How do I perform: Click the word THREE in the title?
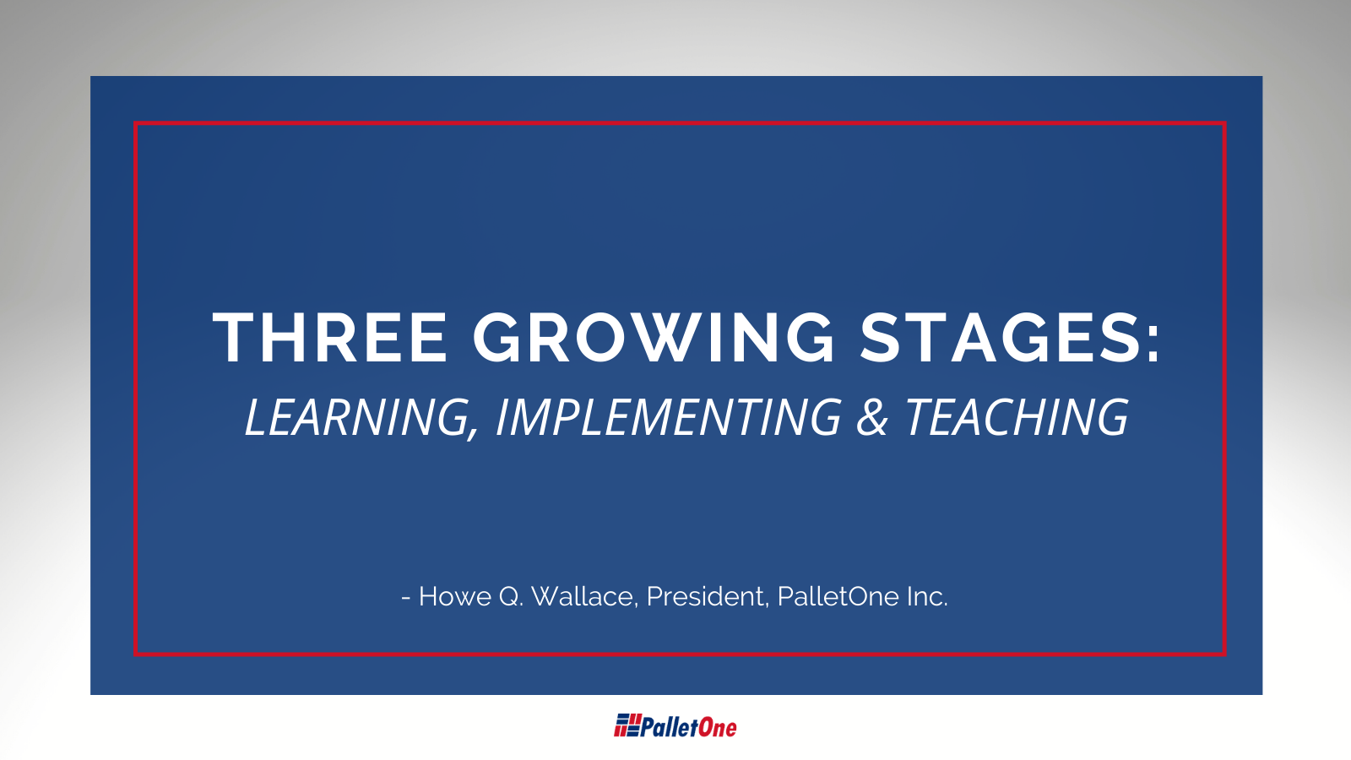point(330,338)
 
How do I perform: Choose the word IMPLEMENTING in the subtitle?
point(668,417)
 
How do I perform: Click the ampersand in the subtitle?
point(872,417)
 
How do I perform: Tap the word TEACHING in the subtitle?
point(1016,417)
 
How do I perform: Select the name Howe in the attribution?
point(455,596)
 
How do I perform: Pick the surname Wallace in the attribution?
point(583,596)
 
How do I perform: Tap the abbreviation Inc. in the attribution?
point(927,596)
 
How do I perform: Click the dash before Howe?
point(406,598)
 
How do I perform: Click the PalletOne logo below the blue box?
point(675,726)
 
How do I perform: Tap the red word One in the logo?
point(718,727)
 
